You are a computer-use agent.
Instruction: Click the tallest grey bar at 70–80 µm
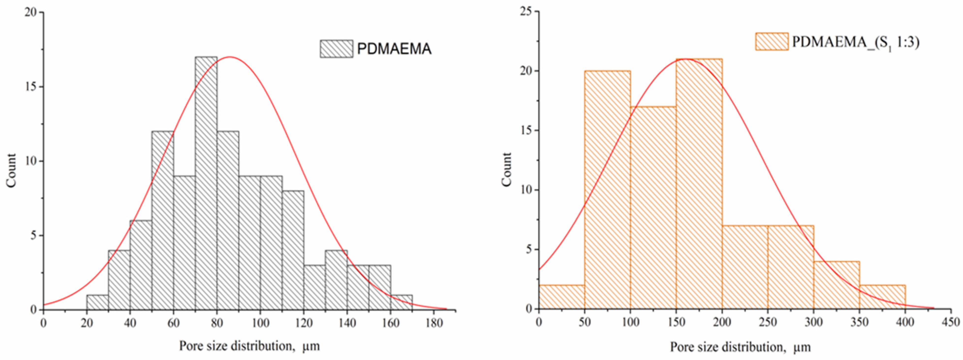[x=206, y=183]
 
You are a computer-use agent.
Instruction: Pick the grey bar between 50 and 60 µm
[x=163, y=220]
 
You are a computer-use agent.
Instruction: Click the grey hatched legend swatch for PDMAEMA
[x=336, y=49]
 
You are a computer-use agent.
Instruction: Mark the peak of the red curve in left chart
[x=229, y=57]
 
